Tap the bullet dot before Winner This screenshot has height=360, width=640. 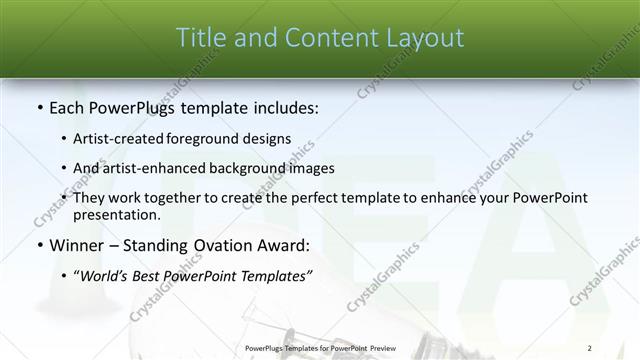click(x=39, y=245)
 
